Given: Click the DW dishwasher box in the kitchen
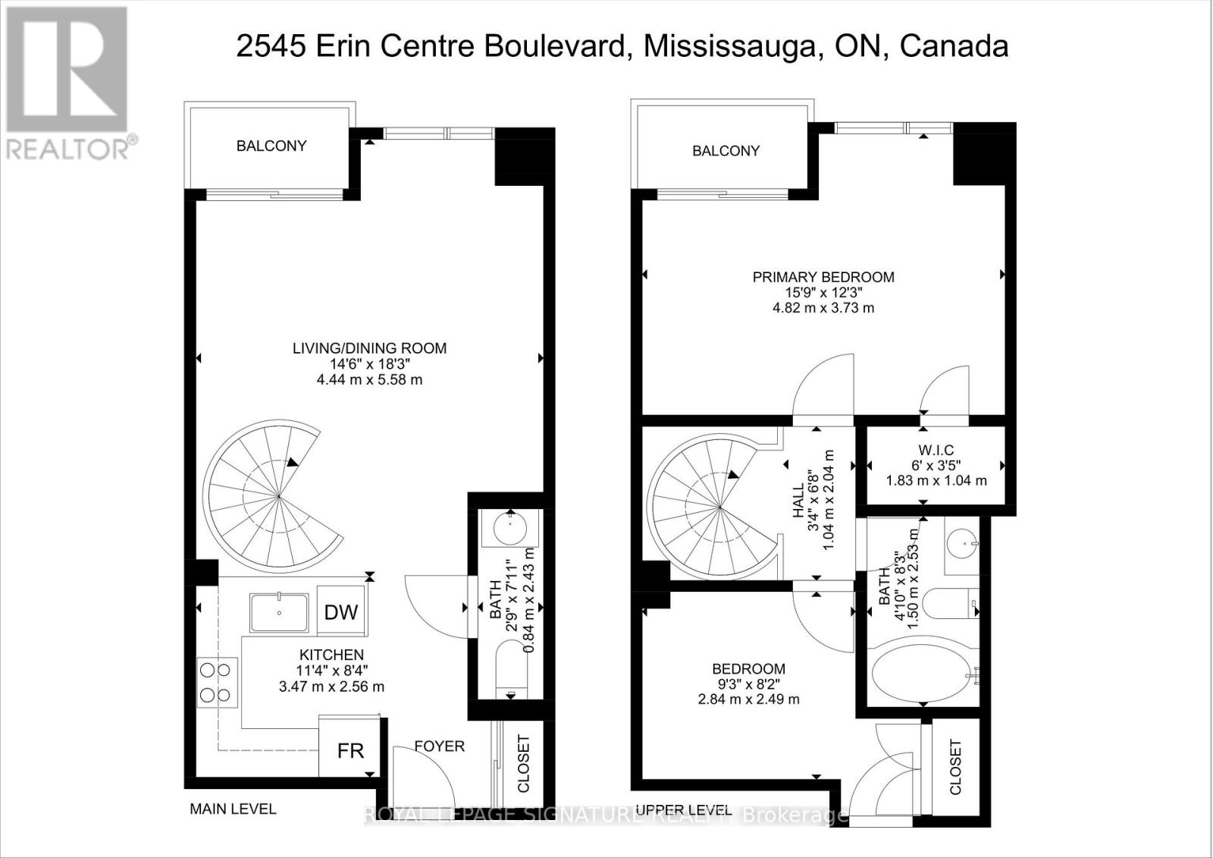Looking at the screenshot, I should [x=341, y=611].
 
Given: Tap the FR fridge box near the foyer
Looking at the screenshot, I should [x=350, y=750].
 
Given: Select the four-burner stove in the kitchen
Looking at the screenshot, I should [x=215, y=682].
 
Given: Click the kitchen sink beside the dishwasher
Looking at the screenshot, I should [x=280, y=613].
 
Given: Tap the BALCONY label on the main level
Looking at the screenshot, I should [x=271, y=146].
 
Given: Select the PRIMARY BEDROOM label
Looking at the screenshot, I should [x=823, y=277].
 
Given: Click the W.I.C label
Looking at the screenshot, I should [x=936, y=450].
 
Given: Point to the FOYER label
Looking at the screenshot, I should [x=440, y=746].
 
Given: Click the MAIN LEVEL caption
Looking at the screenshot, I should [x=233, y=809].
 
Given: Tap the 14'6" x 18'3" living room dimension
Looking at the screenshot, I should [x=369, y=363].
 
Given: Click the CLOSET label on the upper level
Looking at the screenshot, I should [x=955, y=767].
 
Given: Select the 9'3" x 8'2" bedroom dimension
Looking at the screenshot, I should [x=748, y=684].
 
